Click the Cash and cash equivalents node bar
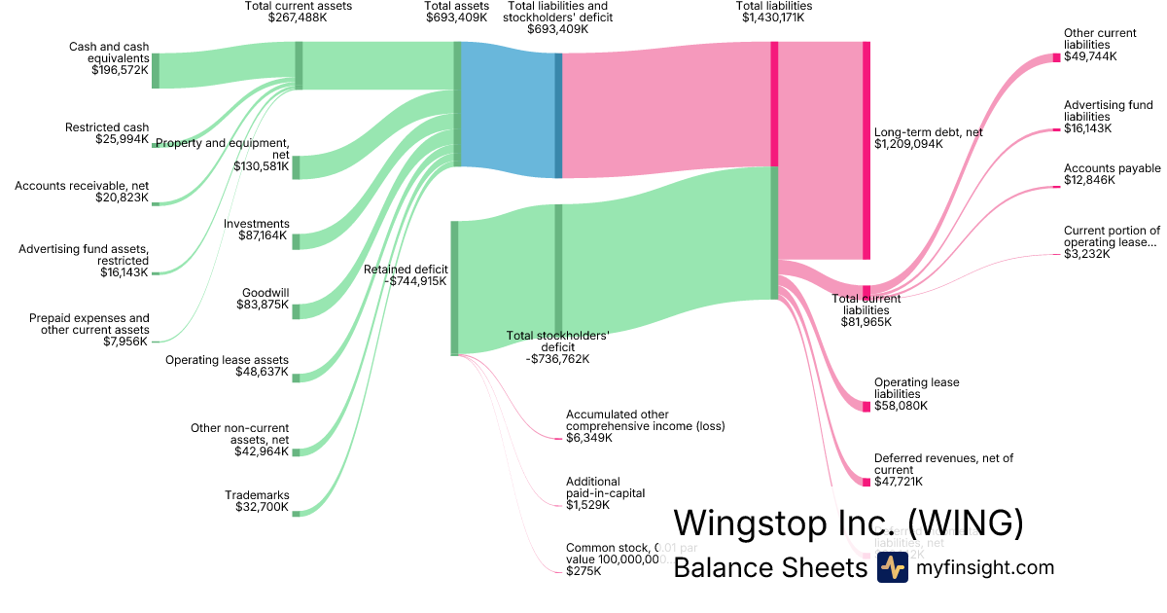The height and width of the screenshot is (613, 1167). pos(156,71)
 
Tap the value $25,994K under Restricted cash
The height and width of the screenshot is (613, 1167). pos(121,139)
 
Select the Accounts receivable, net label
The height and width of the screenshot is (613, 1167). pos(82,186)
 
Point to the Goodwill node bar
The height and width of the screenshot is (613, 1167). pos(297,311)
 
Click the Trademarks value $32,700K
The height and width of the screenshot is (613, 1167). pos(263,507)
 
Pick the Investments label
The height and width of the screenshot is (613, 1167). pos(257,224)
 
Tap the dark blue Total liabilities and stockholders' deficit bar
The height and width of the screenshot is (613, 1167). pos(558,115)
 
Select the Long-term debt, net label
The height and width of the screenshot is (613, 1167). pos(928,132)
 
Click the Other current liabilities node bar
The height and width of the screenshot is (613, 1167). pos(1057,58)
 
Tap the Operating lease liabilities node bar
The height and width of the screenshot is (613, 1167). pos(866,406)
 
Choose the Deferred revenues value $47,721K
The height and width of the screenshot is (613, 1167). pos(899,482)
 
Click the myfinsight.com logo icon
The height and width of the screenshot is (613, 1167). pos(892,567)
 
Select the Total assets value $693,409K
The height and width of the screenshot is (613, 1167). pos(456,18)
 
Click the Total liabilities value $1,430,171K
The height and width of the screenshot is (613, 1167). pos(774,18)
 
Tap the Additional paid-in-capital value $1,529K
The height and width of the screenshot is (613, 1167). pos(587,505)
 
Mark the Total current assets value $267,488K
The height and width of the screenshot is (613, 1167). pos(298,18)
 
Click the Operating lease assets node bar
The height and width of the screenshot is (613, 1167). pos(297,378)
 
